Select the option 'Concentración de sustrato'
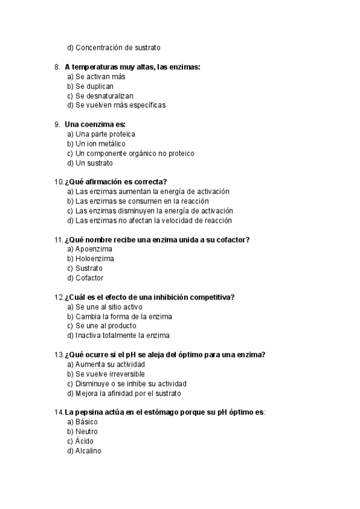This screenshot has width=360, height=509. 114,47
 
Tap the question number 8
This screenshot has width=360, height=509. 56,67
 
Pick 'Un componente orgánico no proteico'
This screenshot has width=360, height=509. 130,153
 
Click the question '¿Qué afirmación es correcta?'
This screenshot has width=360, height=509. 116,182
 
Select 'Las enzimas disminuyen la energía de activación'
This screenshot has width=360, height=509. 150,211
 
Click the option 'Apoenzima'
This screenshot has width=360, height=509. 90,249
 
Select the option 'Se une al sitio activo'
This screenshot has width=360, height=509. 105,307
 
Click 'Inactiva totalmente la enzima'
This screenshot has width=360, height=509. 118,336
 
